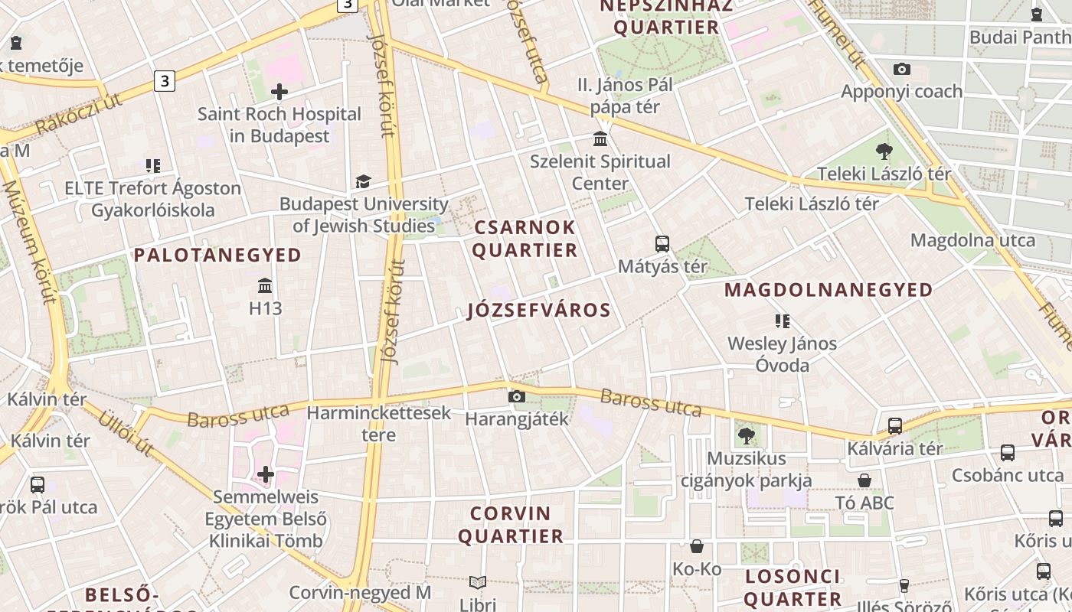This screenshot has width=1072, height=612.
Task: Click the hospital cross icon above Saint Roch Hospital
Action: point(279,93)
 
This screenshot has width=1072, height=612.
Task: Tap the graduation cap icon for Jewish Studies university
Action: point(363,182)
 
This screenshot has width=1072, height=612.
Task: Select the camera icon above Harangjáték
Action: point(517,396)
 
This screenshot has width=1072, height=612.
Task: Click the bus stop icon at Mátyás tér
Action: point(662,244)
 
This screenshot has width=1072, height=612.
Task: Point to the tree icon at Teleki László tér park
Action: point(884,151)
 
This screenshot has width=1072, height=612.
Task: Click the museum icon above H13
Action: point(265,286)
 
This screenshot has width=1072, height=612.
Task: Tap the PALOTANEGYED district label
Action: point(218,256)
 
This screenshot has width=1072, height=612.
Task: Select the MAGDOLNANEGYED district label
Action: point(829,290)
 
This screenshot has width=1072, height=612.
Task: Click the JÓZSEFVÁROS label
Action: point(539,310)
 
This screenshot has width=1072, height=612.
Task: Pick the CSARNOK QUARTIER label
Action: point(525,239)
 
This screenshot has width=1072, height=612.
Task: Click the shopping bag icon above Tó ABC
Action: point(864,480)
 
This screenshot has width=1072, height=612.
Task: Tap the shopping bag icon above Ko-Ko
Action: point(697,546)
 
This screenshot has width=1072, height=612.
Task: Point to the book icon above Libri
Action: point(478,583)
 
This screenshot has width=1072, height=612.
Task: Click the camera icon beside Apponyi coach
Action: point(902,70)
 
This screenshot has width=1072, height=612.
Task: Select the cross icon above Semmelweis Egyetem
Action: point(266,474)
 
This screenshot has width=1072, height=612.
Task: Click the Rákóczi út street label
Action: point(79,114)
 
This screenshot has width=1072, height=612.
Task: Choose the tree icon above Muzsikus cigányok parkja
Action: point(747,436)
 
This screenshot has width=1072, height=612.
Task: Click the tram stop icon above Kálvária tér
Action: point(894,426)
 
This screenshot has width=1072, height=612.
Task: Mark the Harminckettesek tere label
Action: point(379,424)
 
